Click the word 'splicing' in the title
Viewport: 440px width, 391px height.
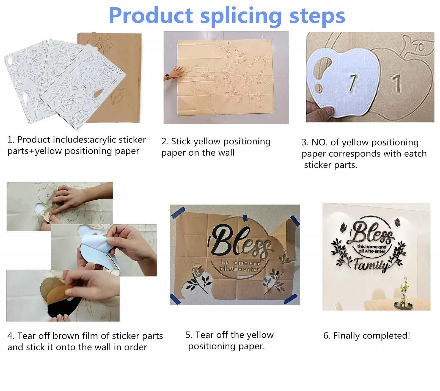coord(241,16)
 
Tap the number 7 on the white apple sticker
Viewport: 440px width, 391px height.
coord(353,82)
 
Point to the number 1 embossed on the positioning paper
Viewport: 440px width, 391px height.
coord(396,83)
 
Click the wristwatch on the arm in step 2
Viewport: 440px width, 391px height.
coord(167,76)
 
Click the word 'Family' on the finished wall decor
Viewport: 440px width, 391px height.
coord(371,265)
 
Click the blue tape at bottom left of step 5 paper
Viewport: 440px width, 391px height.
coord(175,299)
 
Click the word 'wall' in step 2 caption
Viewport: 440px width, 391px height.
coord(226,152)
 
